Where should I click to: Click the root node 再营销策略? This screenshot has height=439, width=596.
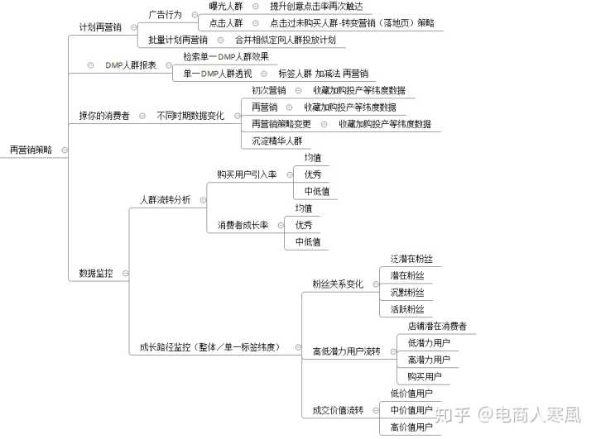(x=31, y=150)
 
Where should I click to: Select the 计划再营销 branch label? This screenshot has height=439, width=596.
(x=100, y=27)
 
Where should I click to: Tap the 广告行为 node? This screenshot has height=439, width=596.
(x=165, y=15)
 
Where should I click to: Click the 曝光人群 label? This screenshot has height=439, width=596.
(x=226, y=6)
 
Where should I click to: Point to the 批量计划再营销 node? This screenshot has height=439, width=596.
(x=178, y=40)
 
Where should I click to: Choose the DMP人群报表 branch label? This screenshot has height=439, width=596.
(x=131, y=65)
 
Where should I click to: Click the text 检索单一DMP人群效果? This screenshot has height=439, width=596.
(x=226, y=57)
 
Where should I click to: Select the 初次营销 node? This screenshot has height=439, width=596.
(x=269, y=90)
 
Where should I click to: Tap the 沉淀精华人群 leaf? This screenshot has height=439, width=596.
(x=277, y=141)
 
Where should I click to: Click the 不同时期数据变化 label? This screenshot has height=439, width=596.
(x=190, y=116)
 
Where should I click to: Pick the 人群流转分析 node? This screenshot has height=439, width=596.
(x=165, y=200)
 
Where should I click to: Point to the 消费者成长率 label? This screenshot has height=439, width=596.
(x=243, y=225)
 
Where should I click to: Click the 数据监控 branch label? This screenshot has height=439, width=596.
(x=96, y=273)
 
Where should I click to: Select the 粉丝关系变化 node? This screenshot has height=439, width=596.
(x=338, y=284)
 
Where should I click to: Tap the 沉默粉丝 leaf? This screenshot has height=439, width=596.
(x=407, y=293)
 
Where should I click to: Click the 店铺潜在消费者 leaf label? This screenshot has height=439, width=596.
(x=437, y=327)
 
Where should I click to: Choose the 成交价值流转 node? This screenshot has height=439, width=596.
(x=338, y=410)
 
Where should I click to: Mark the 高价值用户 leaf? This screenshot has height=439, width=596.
(x=411, y=427)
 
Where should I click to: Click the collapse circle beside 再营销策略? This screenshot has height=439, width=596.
(x=65, y=150)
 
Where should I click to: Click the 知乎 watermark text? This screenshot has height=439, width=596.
(x=452, y=415)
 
